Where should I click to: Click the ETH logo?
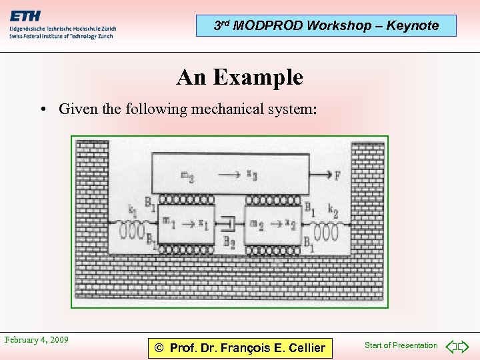[x=25, y=15]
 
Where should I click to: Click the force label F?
[x=338, y=176]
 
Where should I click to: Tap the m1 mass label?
[x=168, y=222]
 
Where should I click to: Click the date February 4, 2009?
[x=37, y=340]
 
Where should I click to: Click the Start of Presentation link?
[x=401, y=345]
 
